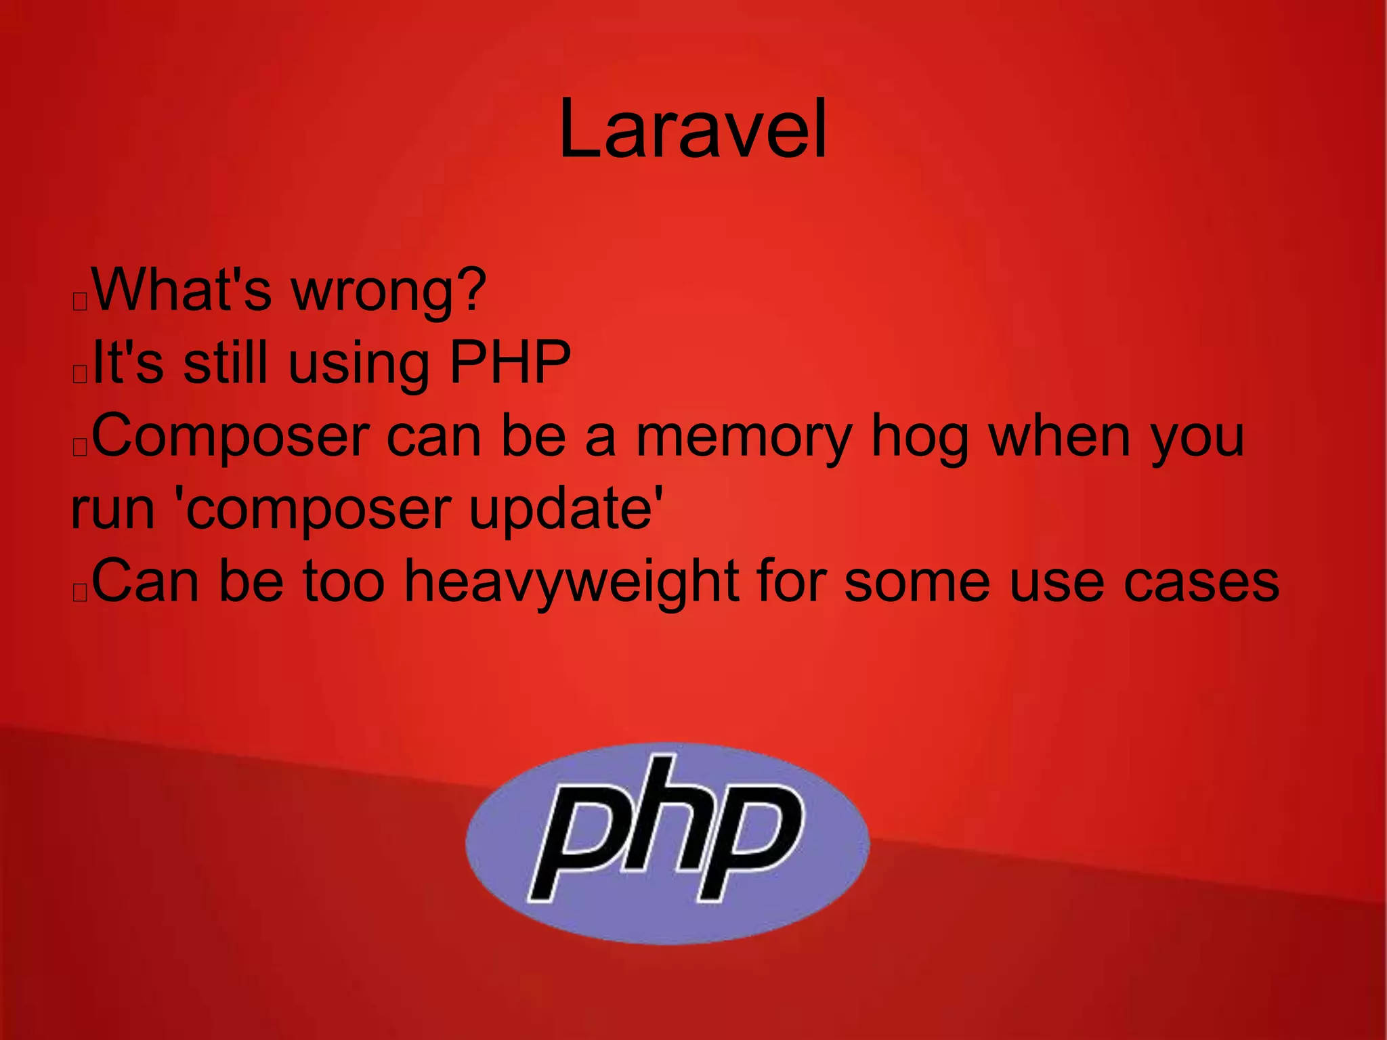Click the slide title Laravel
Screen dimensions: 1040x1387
pos(692,129)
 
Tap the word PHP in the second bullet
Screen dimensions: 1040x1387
pos(510,363)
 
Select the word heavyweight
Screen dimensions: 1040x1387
pos(572,582)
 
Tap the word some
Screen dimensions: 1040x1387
pos(918,582)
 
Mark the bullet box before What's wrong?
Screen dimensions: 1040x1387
pos(80,301)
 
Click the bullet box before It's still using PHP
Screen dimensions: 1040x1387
pos(80,374)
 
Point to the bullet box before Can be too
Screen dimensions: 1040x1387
pos(80,593)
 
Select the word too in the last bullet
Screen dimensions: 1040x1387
pos(343,582)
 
